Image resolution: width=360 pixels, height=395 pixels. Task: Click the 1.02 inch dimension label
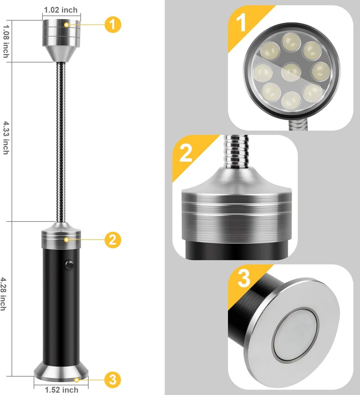(x=61, y=10)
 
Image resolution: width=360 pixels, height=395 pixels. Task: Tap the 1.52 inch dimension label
(x=62, y=390)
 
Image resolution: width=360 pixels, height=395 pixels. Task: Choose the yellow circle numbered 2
(x=113, y=240)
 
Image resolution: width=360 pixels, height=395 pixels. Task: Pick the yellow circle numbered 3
(x=113, y=380)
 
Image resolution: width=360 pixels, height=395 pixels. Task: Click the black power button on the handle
(x=69, y=265)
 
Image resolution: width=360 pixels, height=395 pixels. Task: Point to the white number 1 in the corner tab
(x=242, y=23)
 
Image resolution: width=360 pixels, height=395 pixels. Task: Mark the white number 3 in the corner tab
(x=244, y=278)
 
